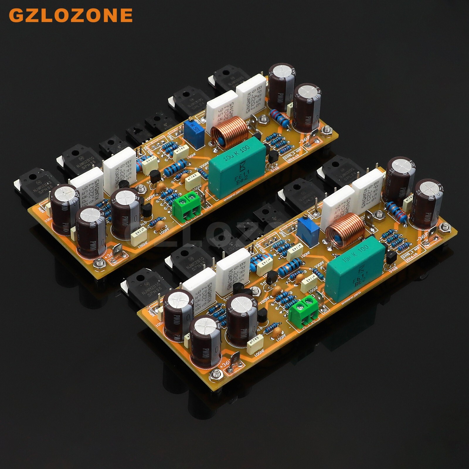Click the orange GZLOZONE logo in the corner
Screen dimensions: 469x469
pyautogui.click(x=71, y=15)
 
